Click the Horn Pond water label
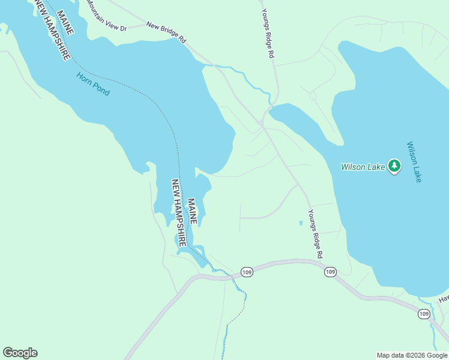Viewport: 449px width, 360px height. pos(93,84)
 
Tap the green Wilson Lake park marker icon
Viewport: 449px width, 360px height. pos(394,166)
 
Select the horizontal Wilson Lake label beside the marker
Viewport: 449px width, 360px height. pos(363,167)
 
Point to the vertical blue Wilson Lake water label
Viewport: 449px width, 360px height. pos(414,162)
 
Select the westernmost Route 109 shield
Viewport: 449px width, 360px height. pos(247,272)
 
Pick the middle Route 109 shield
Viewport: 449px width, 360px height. pos(330,272)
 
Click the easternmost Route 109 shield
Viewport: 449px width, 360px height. pos(424,314)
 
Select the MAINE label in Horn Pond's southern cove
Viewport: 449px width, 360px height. pos(192,211)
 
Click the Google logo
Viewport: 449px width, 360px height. pos(20,353)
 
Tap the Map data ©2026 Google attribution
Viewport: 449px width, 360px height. pos(412,355)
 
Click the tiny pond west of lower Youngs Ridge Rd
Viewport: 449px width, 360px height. pos(301,223)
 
